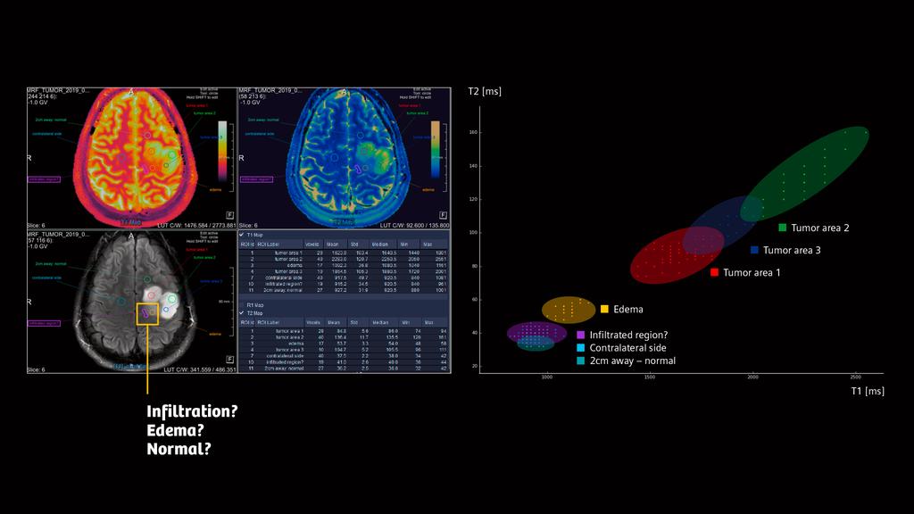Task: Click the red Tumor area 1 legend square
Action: click(x=714, y=272)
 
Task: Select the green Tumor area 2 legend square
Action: click(x=783, y=228)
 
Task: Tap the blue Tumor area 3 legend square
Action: click(x=754, y=251)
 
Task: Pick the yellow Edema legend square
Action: click(x=604, y=310)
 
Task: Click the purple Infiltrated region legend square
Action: click(x=581, y=335)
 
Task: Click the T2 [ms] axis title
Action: click(x=485, y=91)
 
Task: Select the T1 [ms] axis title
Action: click(x=867, y=391)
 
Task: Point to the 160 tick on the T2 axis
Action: click(x=474, y=132)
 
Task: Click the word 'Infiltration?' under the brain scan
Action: click(x=192, y=411)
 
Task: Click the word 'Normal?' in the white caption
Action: click(x=179, y=449)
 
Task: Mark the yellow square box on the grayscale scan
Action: click(x=147, y=313)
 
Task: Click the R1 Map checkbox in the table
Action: click(x=241, y=305)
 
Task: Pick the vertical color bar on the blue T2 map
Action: click(x=436, y=147)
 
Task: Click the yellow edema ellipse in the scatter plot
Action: click(x=569, y=310)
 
